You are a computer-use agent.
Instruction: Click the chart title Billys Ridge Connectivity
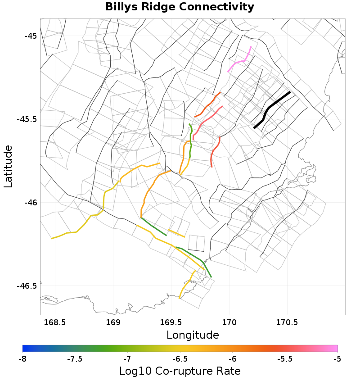pos(180,7)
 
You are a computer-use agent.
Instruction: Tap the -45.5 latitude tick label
pos(27,120)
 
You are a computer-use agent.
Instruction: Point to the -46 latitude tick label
pos(29,203)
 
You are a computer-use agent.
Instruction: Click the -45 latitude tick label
pos(29,36)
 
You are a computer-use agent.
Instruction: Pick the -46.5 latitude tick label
pos(27,286)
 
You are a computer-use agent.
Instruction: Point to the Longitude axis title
pos(193,335)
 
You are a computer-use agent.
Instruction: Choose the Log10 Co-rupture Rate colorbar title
pos(180,371)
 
